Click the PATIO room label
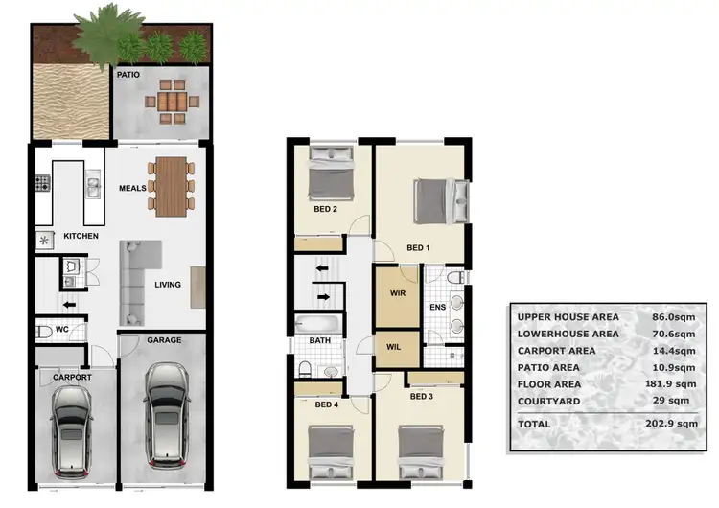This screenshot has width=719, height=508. [128, 73]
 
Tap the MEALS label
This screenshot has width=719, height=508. [132, 188]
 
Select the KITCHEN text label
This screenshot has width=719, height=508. [82, 236]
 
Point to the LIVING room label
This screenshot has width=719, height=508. [168, 284]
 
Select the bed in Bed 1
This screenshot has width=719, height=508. [439, 201]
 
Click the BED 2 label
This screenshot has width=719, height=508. [326, 209]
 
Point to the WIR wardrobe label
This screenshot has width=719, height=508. [397, 293]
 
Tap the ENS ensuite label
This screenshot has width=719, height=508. [437, 308]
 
